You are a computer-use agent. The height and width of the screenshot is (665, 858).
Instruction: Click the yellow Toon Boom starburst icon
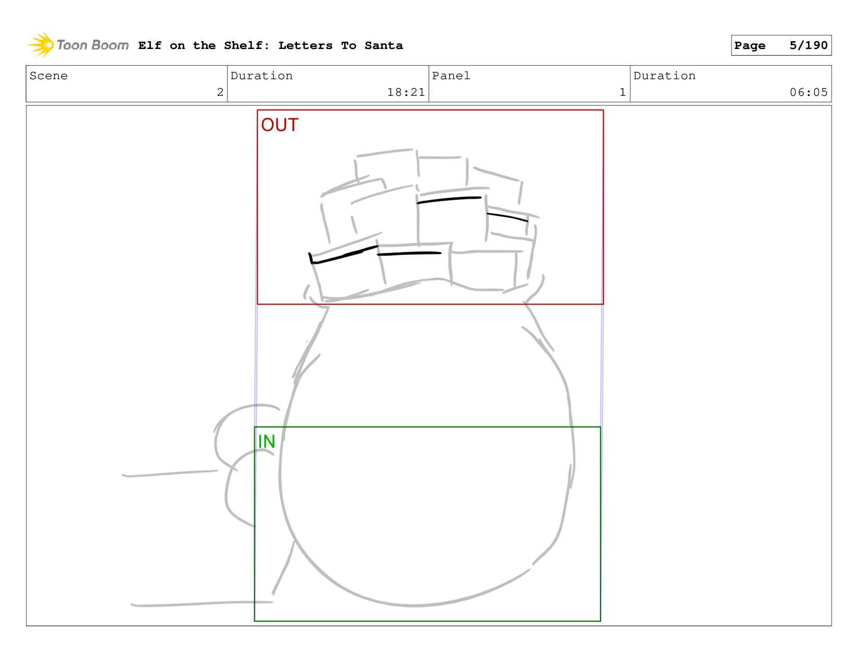pos(41,45)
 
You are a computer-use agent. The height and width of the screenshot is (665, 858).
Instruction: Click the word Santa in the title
pos(383,45)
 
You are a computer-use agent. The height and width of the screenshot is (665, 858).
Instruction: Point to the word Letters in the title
pos(305,45)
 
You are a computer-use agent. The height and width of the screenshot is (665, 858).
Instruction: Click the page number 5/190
pos(808,45)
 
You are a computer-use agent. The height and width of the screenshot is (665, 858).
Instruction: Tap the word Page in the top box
pos(749,46)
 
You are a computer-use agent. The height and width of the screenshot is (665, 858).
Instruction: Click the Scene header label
pos(48,76)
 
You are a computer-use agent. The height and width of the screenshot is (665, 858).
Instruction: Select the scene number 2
pos(220,92)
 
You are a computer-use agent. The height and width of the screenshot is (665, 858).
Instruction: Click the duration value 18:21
pos(406,92)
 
